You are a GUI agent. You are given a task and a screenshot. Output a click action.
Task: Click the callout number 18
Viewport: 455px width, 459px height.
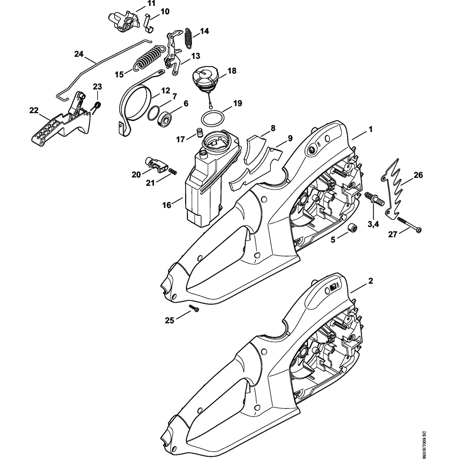232,71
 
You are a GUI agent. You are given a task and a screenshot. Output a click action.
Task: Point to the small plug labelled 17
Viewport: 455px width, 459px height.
198,132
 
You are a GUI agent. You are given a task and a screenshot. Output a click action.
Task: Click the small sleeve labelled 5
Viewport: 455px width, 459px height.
351,227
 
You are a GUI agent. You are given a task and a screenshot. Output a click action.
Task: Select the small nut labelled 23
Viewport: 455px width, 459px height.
96,107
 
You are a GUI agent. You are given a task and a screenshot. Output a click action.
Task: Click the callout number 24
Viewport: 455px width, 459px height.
79,54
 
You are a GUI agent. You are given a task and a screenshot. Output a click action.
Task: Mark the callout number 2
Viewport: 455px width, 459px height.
370,281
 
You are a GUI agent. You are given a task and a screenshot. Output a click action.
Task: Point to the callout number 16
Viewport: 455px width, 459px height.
167,205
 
